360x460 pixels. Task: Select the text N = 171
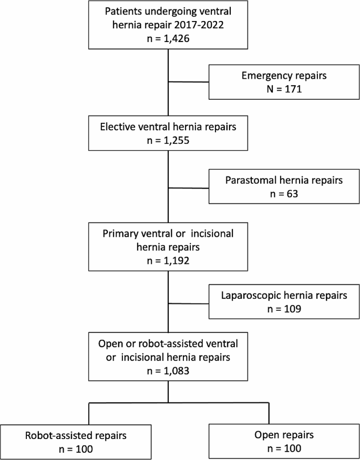pos(284,89)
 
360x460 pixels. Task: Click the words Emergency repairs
pos(284,76)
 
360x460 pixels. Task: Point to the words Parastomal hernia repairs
pos(284,180)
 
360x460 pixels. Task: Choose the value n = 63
pos(284,193)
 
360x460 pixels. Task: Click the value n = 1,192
pos(168,258)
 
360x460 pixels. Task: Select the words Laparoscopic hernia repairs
pos(284,296)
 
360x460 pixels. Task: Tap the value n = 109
pos(284,309)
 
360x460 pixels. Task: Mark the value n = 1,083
pos(168,370)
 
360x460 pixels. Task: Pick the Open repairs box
pos(284,441)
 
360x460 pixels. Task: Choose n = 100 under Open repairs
pos(284,448)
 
